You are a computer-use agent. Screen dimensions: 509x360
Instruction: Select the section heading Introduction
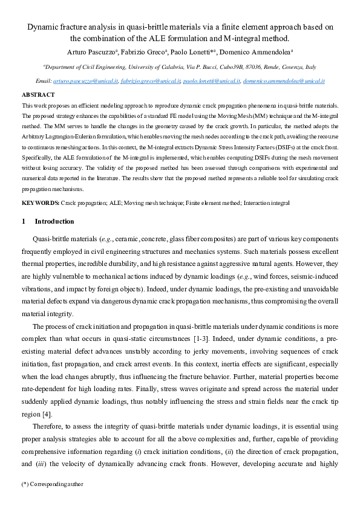pyautogui.click(x=54, y=222)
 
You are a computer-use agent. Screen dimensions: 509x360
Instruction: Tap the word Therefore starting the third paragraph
pyautogui.click(x=48, y=426)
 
